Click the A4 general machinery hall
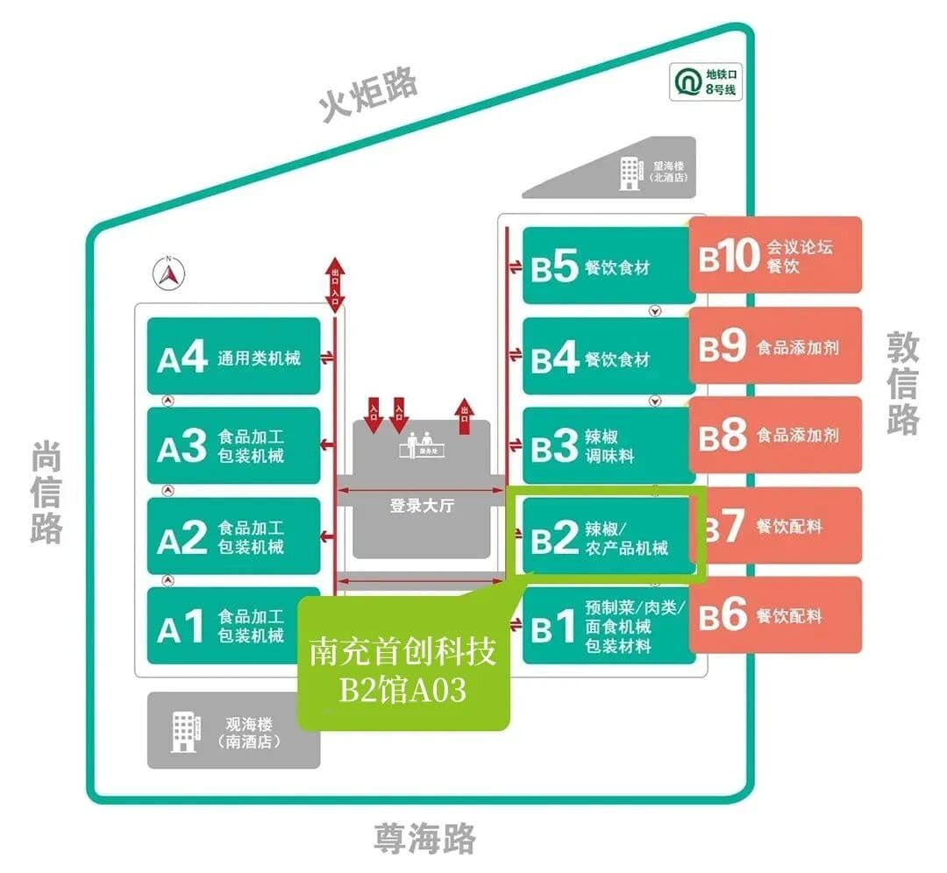pos(233,356)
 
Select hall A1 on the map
pos(233,625)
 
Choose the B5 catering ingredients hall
pos(609,266)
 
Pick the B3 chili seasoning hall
pos(609,445)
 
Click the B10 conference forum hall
pos(775,255)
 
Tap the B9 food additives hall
pos(775,345)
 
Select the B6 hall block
pos(775,614)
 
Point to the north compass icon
pos(170,275)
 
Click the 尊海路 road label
pos(424,838)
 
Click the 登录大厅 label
pos(422,506)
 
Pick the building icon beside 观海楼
pos(186,730)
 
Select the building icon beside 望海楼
pos(630,172)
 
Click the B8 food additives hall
pos(775,435)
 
